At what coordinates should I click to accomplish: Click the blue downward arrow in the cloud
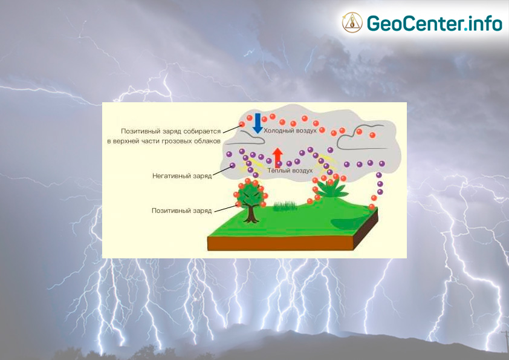tap(258, 123)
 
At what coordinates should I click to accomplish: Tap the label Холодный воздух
tap(290, 131)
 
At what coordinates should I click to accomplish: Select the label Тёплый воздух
tap(290, 171)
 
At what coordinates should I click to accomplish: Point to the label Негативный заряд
tap(182, 176)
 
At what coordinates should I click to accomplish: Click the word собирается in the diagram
tap(202, 131)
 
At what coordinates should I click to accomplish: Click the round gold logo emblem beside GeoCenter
tap(352, 22)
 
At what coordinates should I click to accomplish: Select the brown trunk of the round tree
tap(251, 214)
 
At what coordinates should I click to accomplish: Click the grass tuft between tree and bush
tap(285, 206)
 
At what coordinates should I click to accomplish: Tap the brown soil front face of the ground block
tap(280, 243)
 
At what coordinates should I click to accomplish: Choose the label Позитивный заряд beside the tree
tap(182, 211)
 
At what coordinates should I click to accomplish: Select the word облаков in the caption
tap(207, 142)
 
